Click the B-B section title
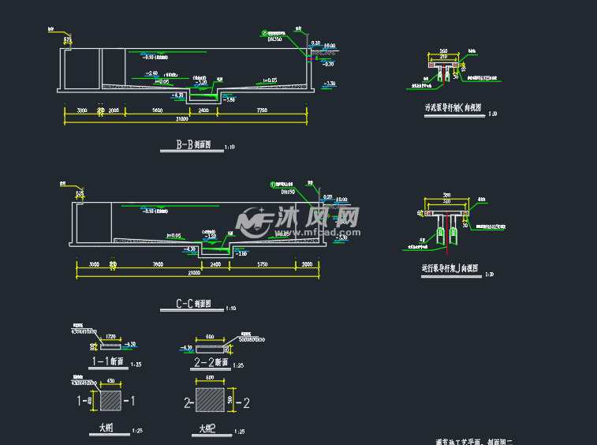pos(188,145)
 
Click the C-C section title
pos(192,304)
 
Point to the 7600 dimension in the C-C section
pos(157,264)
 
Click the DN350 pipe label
pos(275,38)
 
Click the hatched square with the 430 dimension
pos(110,401)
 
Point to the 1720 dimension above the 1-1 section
pos(110,337)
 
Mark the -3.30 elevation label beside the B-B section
pos(330,83)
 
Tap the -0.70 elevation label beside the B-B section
pos(329,64)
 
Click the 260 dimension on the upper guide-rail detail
pos(443,51)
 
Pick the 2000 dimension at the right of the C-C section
pos(308,264)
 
